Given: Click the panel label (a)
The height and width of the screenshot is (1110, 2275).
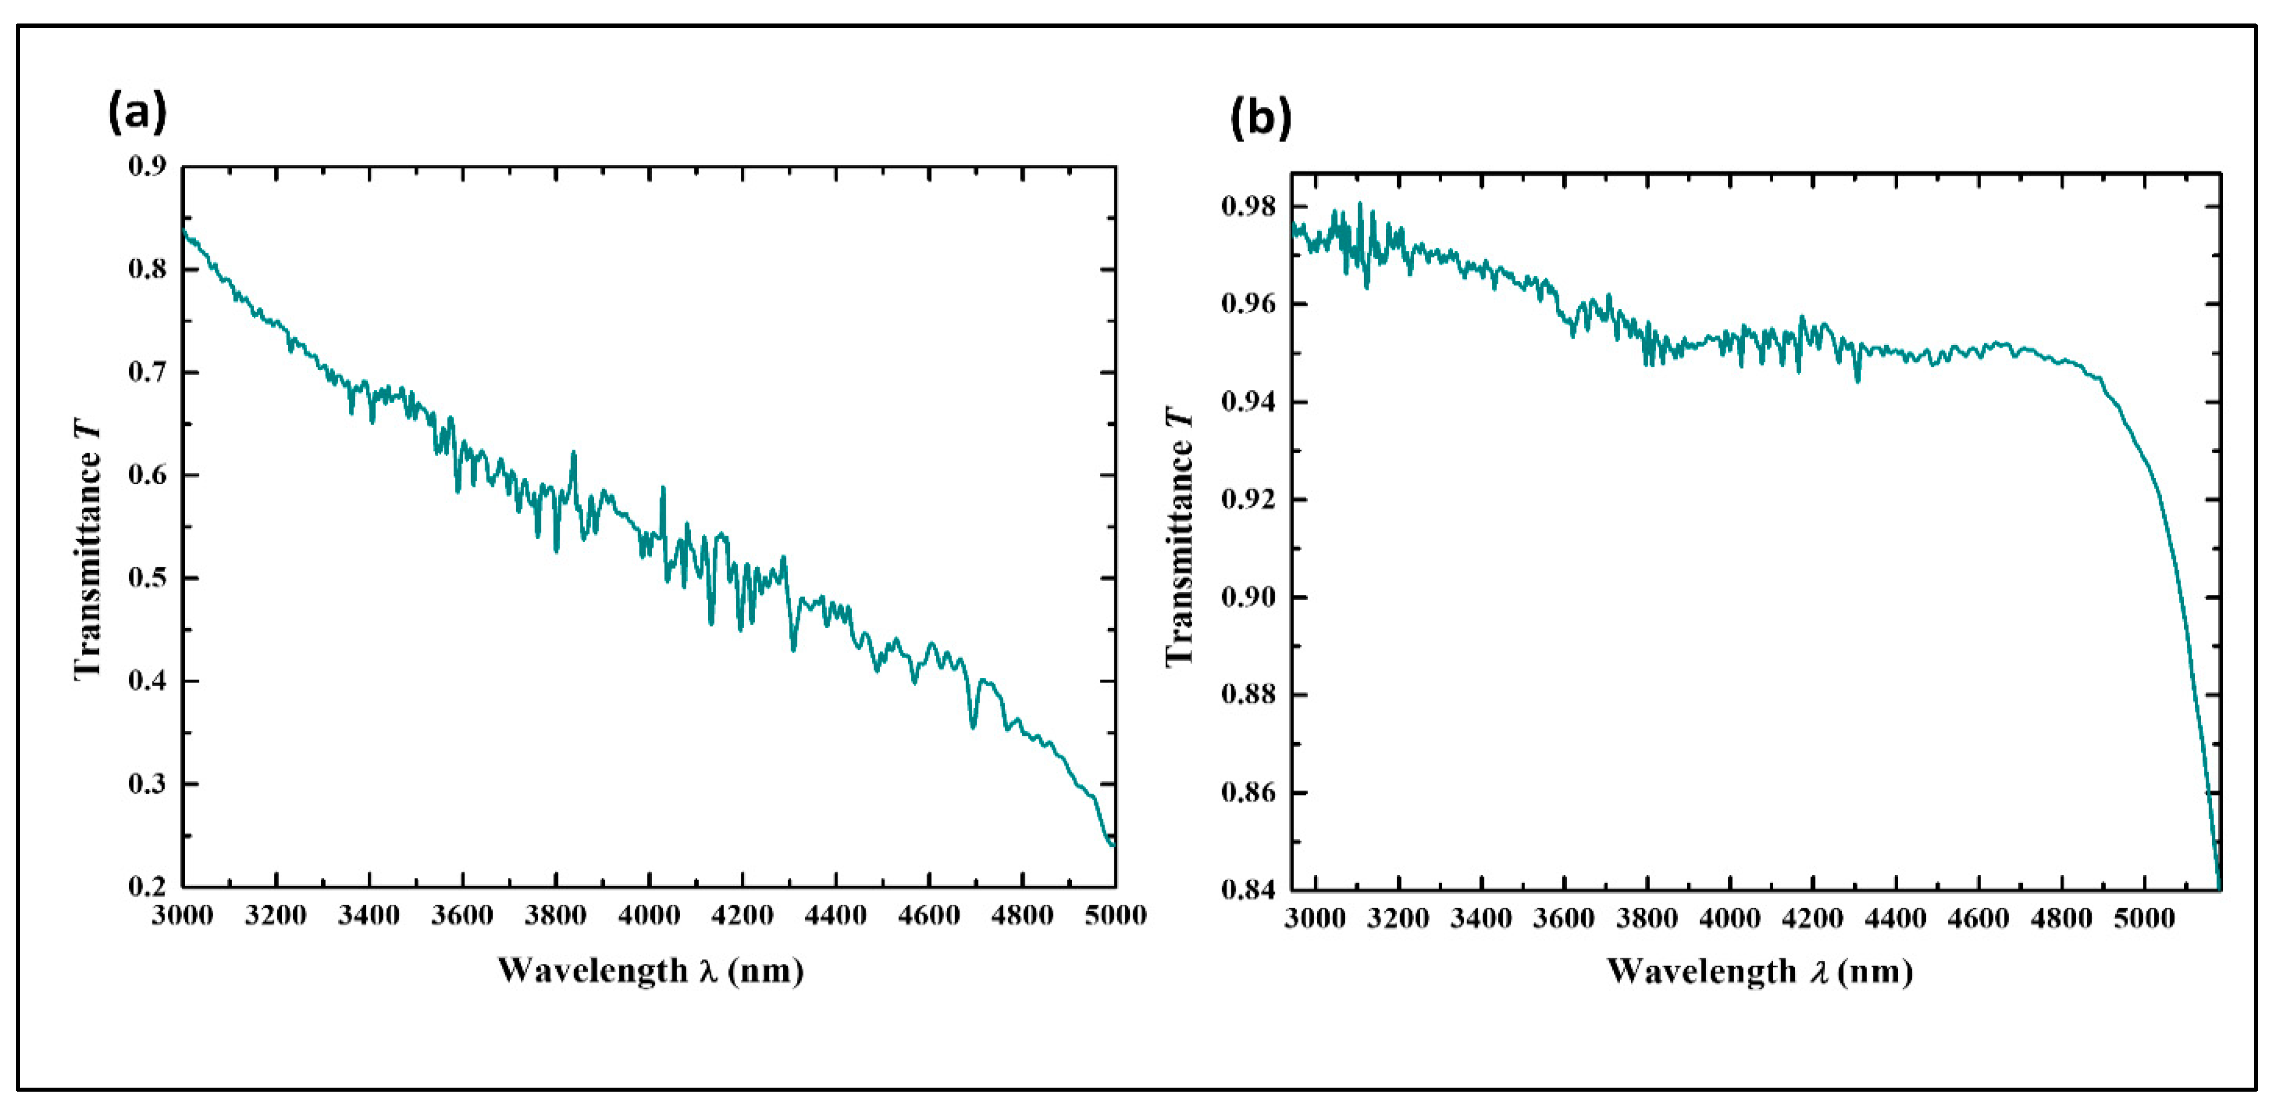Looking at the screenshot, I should (x=137, y=113).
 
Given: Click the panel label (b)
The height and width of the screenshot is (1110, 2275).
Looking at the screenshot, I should (x=1260, y=118).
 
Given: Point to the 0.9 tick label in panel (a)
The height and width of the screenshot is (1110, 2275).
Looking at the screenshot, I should (x=147, y=166).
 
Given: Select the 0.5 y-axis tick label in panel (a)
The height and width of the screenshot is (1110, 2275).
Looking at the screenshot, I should (x=147, y=578).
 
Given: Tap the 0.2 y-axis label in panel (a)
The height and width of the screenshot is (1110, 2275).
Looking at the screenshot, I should (x=147, y=887).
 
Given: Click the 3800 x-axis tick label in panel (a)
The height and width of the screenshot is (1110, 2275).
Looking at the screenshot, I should (x=556, y=916).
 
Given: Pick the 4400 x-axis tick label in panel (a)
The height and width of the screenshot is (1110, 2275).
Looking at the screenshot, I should (x=835, y=916).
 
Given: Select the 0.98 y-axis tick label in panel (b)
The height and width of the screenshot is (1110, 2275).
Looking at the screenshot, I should (x=1248, y=207).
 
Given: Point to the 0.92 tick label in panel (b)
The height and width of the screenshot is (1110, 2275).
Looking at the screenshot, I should (x=1248, y=500).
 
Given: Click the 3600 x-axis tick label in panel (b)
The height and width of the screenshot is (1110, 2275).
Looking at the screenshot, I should (x=1564, y=919).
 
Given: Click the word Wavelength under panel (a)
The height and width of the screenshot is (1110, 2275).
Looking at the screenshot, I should (x=592, y=971).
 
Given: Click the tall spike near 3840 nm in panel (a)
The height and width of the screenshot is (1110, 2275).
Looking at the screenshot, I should (x=573, y=454).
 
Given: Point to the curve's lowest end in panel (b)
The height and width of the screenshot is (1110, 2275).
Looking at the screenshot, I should (x=2218, y=886).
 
